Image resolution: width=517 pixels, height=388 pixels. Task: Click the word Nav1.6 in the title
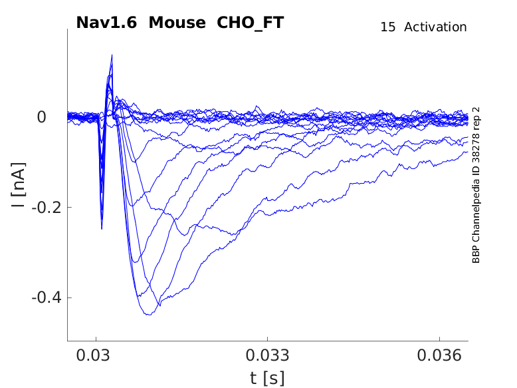(107, 23)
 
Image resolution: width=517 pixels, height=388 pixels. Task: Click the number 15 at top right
(388, 27)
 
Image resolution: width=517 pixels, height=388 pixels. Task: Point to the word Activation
(435, 27)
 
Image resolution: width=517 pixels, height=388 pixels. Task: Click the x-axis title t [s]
(267, 378)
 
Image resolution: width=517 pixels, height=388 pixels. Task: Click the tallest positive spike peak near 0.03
(112, 55)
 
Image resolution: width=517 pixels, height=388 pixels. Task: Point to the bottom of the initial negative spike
(102, 228)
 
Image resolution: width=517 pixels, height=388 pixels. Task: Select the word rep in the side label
(476, 124)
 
